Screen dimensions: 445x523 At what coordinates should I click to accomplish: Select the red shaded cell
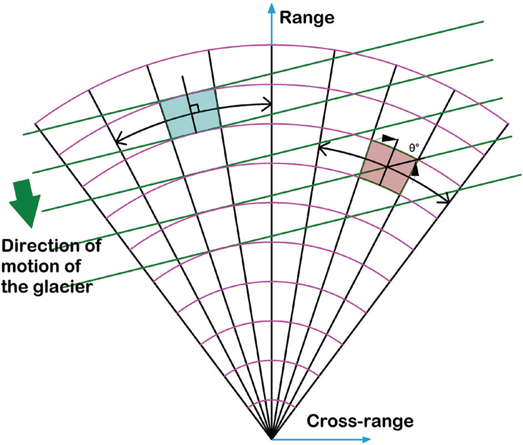tap(388, 166)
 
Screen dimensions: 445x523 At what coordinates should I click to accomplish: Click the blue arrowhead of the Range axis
tap(271, 7)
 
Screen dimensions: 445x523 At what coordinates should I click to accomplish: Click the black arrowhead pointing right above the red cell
tap(392, 137)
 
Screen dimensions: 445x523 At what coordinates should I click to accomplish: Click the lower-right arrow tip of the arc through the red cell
tap(447, 202)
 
